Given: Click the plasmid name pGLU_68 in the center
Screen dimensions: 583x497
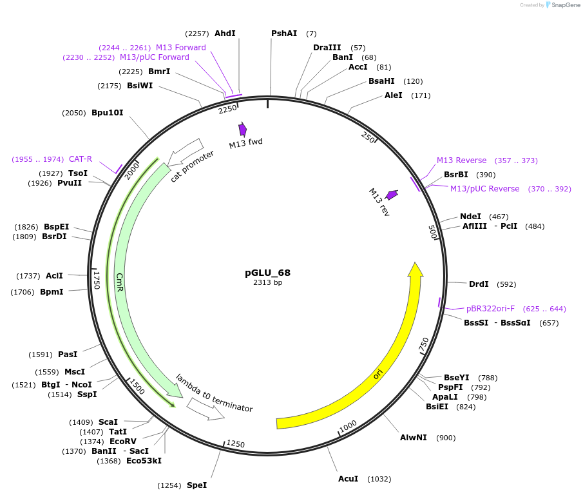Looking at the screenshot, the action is (267, 273).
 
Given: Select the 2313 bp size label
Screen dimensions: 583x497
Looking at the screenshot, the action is (267, 282).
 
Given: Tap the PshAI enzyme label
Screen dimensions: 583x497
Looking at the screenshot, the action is (284, 34).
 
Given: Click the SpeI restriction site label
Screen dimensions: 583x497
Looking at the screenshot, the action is (196, 485).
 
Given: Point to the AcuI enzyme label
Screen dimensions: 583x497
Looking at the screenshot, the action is (348, 479).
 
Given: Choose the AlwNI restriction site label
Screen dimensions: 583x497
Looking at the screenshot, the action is (413, 438).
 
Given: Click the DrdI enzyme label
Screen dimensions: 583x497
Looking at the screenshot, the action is (479, 284).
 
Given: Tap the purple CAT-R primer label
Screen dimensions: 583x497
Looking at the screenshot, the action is (81, 159).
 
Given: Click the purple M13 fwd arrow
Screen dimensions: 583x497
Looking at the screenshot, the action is (243, 130).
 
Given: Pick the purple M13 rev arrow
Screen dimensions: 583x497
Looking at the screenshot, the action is (392, 194).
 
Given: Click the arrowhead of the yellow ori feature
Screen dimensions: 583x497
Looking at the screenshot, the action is (416, 269).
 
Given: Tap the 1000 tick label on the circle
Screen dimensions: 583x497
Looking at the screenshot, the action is (348, 425).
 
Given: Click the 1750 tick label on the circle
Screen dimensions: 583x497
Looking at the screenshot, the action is (97, 279).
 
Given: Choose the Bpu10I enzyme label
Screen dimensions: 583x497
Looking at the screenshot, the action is (107, 113).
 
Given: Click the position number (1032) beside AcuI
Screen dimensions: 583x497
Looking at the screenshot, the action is (379, 479).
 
